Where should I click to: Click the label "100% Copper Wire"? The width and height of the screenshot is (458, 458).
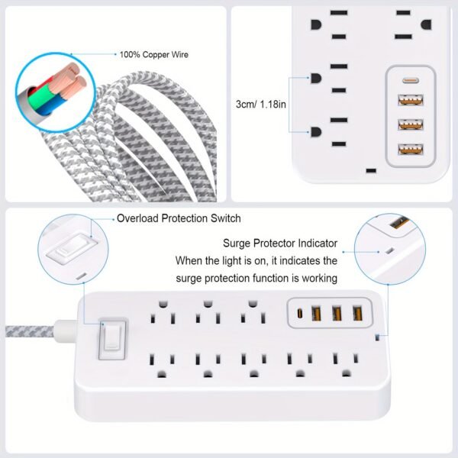[153, 55]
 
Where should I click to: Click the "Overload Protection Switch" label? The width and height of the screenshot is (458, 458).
[179, 218]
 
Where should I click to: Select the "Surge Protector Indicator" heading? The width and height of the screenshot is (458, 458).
[280, 244]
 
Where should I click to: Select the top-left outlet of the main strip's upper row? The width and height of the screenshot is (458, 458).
[162, 313]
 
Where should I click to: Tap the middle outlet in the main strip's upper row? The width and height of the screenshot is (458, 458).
[206, 313]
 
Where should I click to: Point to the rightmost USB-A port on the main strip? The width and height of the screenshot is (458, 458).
[356, 313]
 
